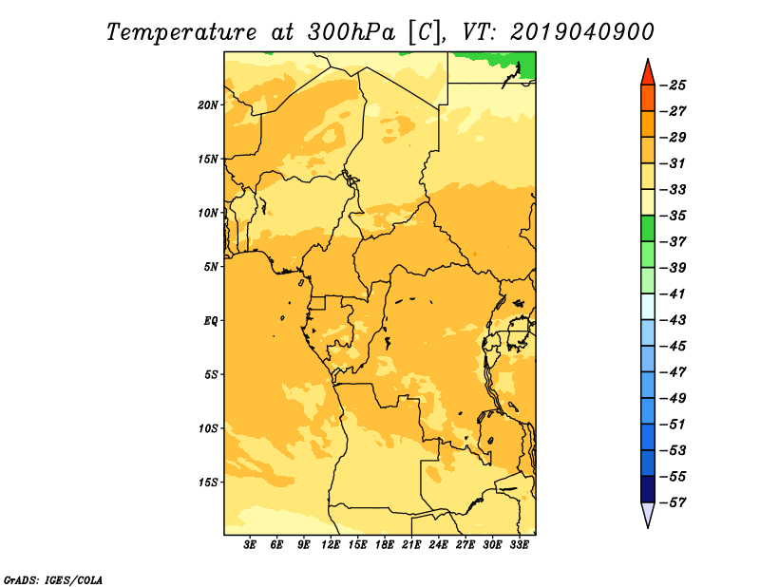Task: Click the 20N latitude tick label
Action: tap(208, 104)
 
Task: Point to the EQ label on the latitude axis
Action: tap(210, 320)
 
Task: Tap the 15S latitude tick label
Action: tap(208, 482)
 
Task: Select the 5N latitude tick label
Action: tap(210, 267)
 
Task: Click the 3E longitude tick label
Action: tap(250, 544)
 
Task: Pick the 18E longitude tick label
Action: tap(385, 544)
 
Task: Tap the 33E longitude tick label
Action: tap(519, 544)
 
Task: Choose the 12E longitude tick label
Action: tap(331, 544)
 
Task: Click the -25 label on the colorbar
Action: tap(673, 85)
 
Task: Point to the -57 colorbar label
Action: tap(673, 502)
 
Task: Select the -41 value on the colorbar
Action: tap(673, 293)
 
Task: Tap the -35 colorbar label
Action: tap(673, 216)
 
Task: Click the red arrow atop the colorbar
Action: tap(648, 74)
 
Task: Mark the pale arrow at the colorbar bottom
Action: tap(648, 513)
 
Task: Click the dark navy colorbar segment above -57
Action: tap(648, 489)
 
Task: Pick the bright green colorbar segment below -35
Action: tap(648, 228)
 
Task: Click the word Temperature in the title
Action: tap(181, 32)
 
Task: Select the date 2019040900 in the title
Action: tap(582, 32)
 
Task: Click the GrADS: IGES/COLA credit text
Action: tap(53, 579)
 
